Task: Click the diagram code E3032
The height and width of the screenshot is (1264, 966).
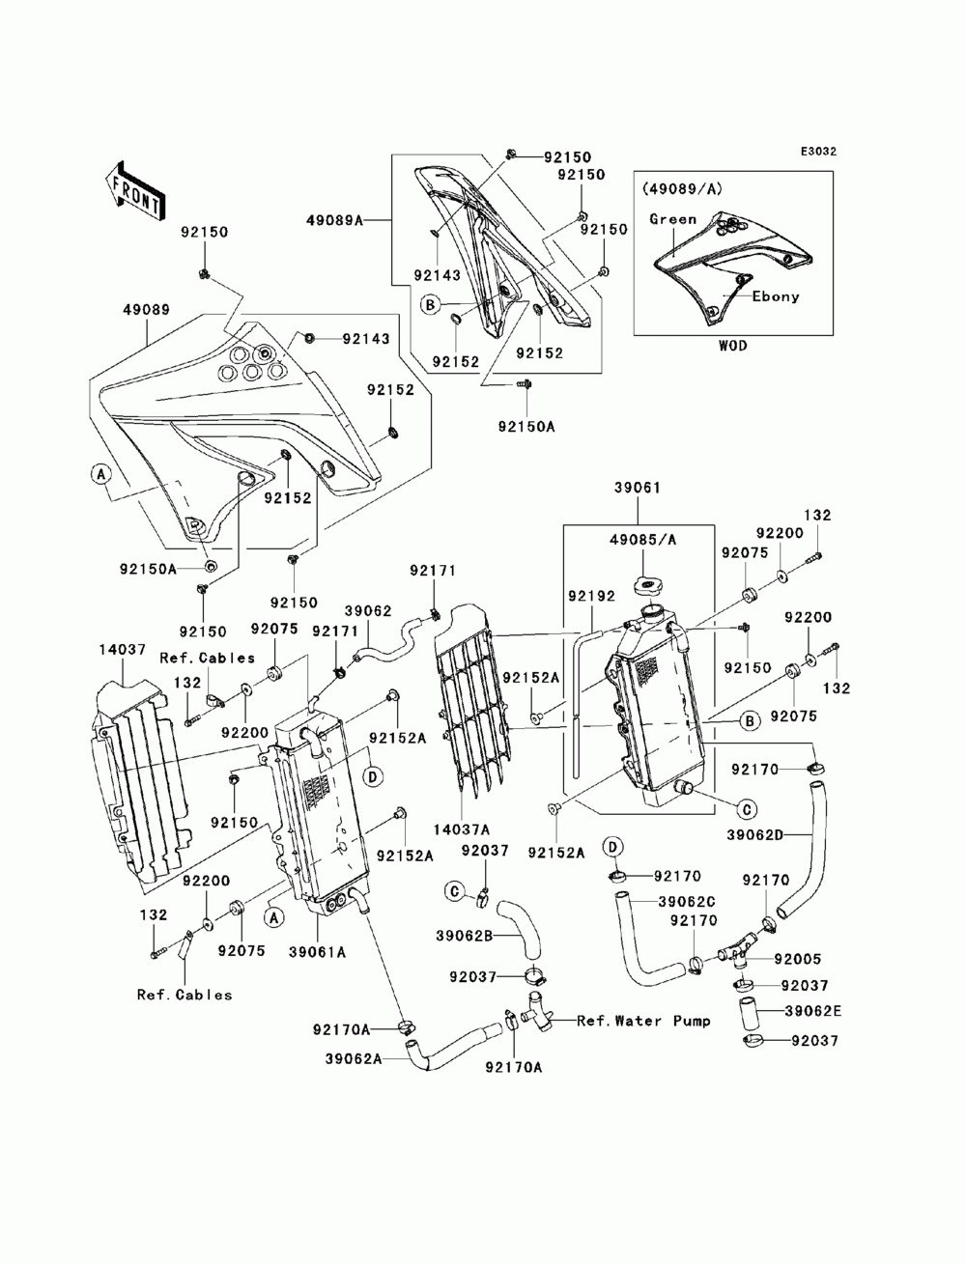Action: coord(818,152)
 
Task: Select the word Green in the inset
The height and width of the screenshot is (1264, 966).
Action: coord(672,219)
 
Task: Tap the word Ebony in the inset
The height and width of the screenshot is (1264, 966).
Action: coord(776,296)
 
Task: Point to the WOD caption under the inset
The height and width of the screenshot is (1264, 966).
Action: coord(732,346)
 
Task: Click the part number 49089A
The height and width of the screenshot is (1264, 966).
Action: coord(334,220)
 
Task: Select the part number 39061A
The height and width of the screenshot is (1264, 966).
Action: coord(318,952)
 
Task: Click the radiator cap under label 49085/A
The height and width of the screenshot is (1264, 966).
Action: coord(647,588)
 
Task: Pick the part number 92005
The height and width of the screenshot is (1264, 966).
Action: coord(798,959)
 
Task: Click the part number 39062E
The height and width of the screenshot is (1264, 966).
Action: coord(812,1011)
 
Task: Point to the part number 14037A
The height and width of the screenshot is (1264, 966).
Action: coord(462,829)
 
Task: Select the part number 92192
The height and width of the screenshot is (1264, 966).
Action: coord(591,596)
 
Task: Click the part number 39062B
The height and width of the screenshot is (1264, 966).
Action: coord(465,936)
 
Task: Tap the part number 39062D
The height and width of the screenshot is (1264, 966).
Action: coord(755,834)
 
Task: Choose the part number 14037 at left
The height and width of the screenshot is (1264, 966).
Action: coord(122,650)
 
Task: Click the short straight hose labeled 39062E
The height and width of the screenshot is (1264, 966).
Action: coord(750,1014)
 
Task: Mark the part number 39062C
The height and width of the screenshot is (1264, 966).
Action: coord(687,901)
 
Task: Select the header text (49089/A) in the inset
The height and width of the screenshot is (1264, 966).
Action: coord(682,188)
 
